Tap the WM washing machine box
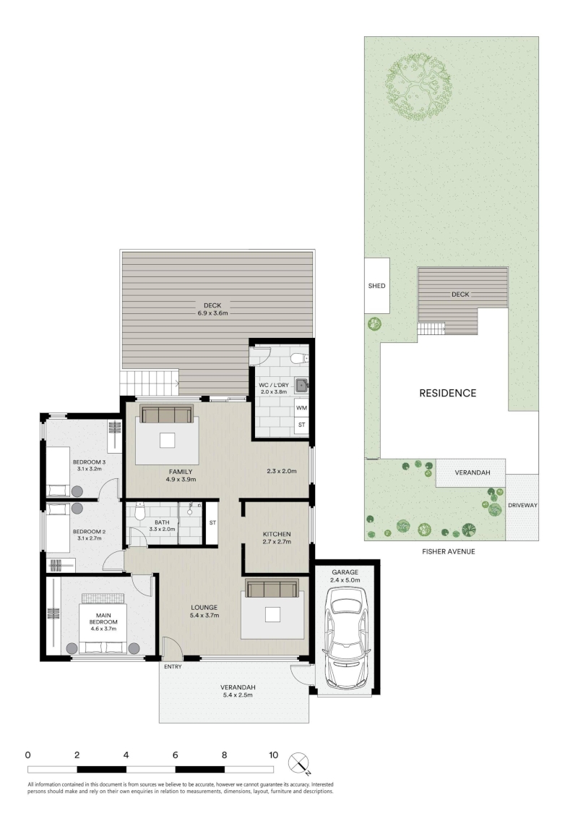click(301, 407)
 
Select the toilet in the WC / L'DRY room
click(299, 358)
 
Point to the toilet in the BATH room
click(139, 512)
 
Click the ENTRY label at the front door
click(173, 666)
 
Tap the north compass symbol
click(300, 763)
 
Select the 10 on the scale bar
click(273, 755)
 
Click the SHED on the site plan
click(376, 286)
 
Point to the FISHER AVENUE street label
click(448, 551)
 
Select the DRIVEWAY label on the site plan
click(522, 505)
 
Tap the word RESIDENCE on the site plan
click(447, 394)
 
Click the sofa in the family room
click(166, 414)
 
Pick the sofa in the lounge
click(272, 587)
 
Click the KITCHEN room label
click(277, 534)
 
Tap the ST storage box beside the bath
click(212, 523)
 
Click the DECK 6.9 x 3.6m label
click(212, 309)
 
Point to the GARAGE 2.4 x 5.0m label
click(345, 576)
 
